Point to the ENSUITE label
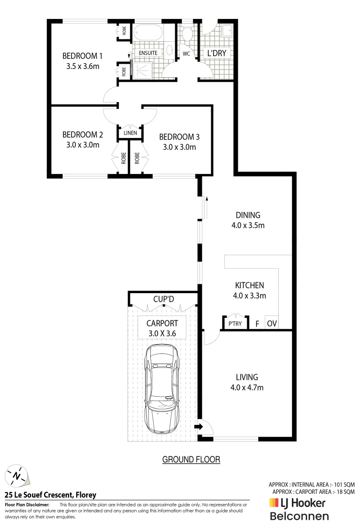148,52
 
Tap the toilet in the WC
186,34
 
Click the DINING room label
248,215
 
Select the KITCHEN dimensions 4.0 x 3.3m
250,295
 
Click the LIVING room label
247,377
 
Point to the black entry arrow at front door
198,427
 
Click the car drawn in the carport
162,389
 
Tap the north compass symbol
18,475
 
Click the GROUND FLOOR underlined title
191,459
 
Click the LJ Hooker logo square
273,503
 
